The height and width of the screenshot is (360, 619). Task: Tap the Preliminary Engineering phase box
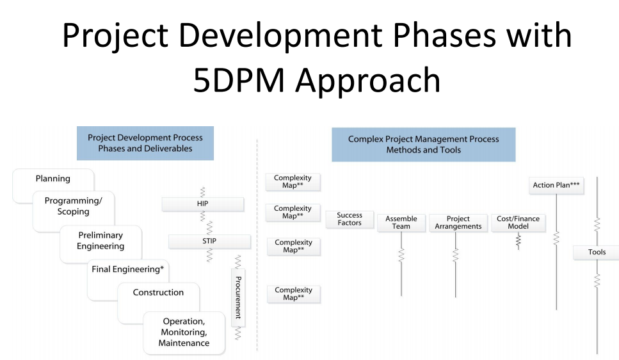[x=100, y=241]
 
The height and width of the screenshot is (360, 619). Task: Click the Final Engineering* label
[x=127, y=270]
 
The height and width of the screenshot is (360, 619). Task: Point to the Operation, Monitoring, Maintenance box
[x=184, y=332]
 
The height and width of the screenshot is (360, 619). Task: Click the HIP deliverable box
[x=202, y=204]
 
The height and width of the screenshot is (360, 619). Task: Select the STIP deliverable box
[x=209, y=241]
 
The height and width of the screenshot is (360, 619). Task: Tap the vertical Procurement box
[x=238, y=298]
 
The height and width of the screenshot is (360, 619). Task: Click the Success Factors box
[x=350, y=219]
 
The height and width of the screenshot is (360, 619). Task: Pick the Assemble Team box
[x=401, y=223]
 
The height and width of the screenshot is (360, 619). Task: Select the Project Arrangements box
[x=458, y=223]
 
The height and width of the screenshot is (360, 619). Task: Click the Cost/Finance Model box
[x=518, y=223]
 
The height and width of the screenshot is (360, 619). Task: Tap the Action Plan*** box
[x=556, y=185]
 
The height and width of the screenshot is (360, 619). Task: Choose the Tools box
[x=596, y=252]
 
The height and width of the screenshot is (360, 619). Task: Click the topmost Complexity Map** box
[x=293, y=182]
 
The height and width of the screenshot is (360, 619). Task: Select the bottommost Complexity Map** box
[x=293, y=294]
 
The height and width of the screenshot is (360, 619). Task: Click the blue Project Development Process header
[x=145, y=143]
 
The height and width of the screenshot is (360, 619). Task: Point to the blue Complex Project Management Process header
[x=424, y=145]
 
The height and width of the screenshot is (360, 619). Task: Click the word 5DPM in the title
[x=239, y=80]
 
